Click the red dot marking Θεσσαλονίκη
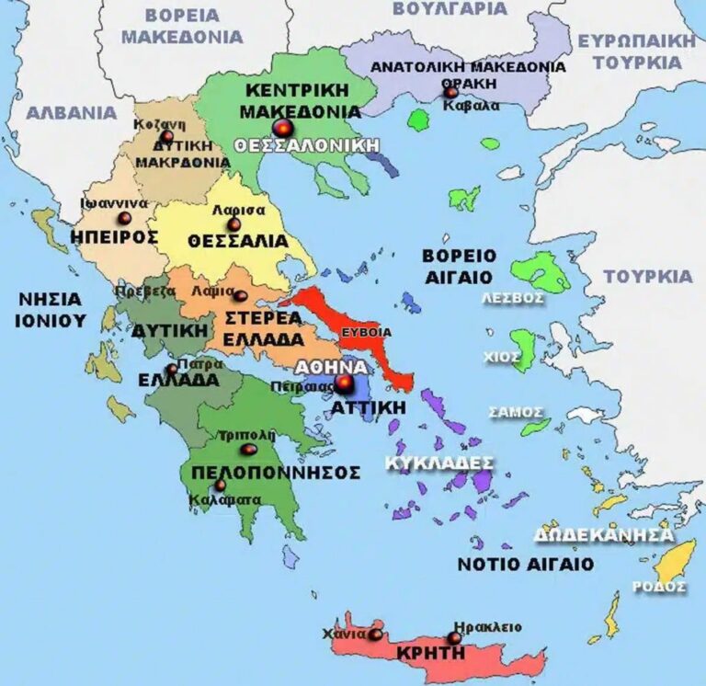(x=282, y=128)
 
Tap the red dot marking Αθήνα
(x=344, y=383)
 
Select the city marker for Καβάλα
(x=451, y=92)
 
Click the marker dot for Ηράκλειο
(x=454, y=638)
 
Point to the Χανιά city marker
(x=375, y=634)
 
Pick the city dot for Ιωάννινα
(x=125, y=219)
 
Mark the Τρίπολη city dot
(x=248, y=450)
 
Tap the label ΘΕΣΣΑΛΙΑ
(x=237, y=241)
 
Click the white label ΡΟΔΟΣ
(x=659, y=586)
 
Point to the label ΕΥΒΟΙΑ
(x=366, y=332)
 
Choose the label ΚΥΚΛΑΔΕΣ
(x=439, y=462)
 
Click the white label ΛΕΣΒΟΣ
(x=514, y=298)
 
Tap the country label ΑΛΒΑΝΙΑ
(x=72, y=113)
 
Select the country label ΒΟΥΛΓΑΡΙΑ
(x=450, y=8)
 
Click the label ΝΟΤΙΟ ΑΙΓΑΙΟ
(x=525, y=564)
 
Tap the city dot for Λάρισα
(x=234, y=224)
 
